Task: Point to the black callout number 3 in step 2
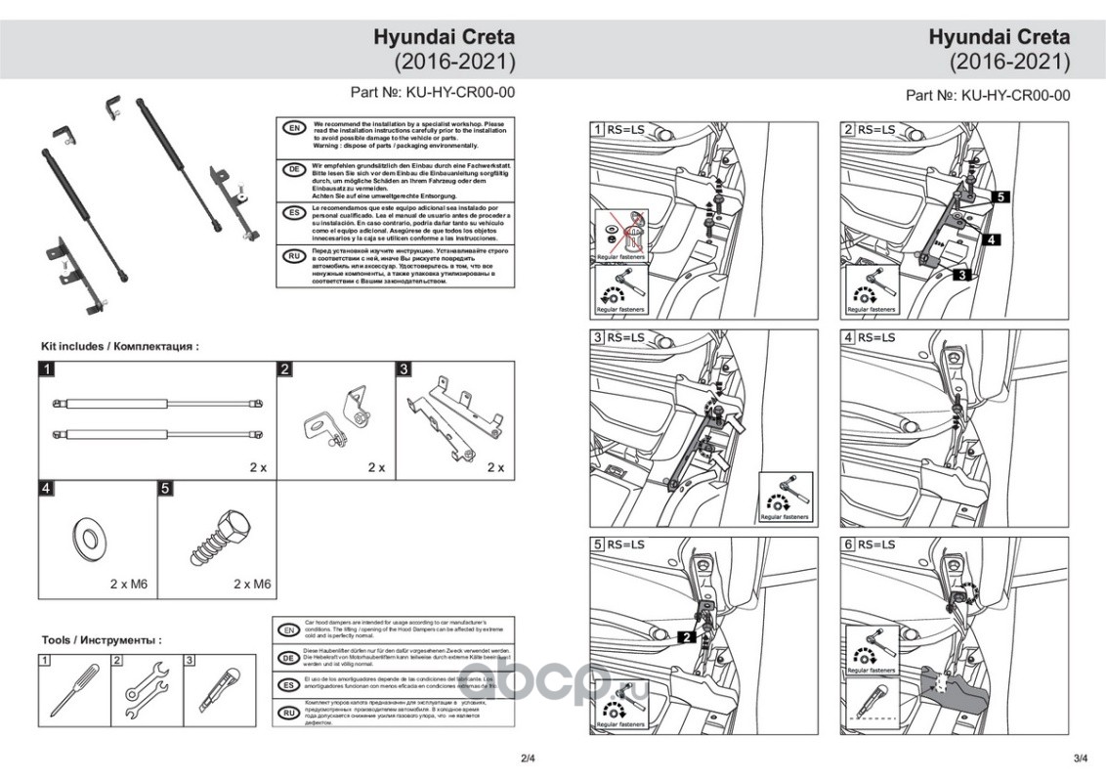coord(961,276)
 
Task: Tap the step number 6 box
coord(848,543)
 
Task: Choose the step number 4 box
coord(848,337)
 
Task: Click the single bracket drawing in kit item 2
coord(341,421)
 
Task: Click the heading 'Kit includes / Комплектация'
coord(120,346)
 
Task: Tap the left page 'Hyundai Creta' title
coord(444,37)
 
